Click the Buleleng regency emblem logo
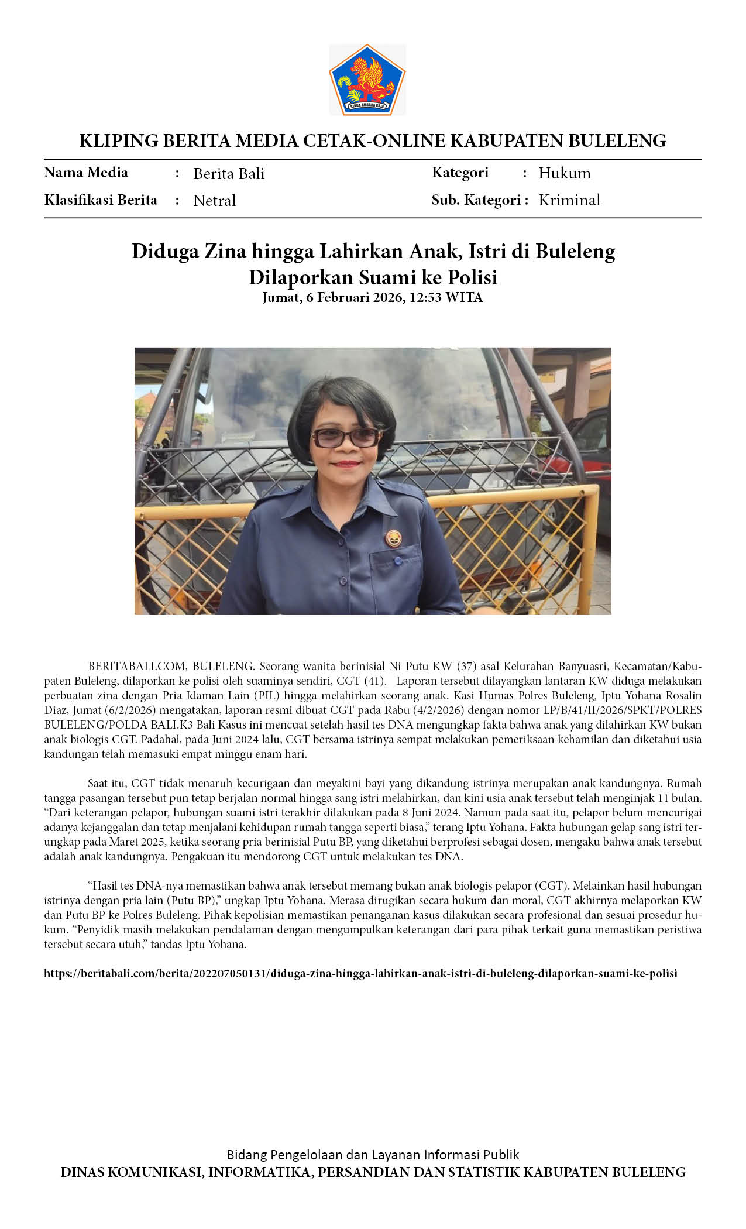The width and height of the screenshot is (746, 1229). (x=367, y=80)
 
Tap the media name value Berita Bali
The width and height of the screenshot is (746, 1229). (x=229, y=174)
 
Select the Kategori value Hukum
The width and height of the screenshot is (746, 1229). (x=564, y=173)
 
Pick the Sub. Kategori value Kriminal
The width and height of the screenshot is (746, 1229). (x=569, y=200)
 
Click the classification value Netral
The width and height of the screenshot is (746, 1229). (x=214, y=201)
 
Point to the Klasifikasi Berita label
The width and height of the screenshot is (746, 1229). (x=101, y=200)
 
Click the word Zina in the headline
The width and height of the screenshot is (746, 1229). (x=225, y=251)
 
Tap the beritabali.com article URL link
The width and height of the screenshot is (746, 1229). (x=360, y=973)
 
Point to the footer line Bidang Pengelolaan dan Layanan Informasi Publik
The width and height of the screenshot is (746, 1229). (x=373, y=1155)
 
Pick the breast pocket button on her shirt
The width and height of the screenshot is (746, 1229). (x=399, y=561)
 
